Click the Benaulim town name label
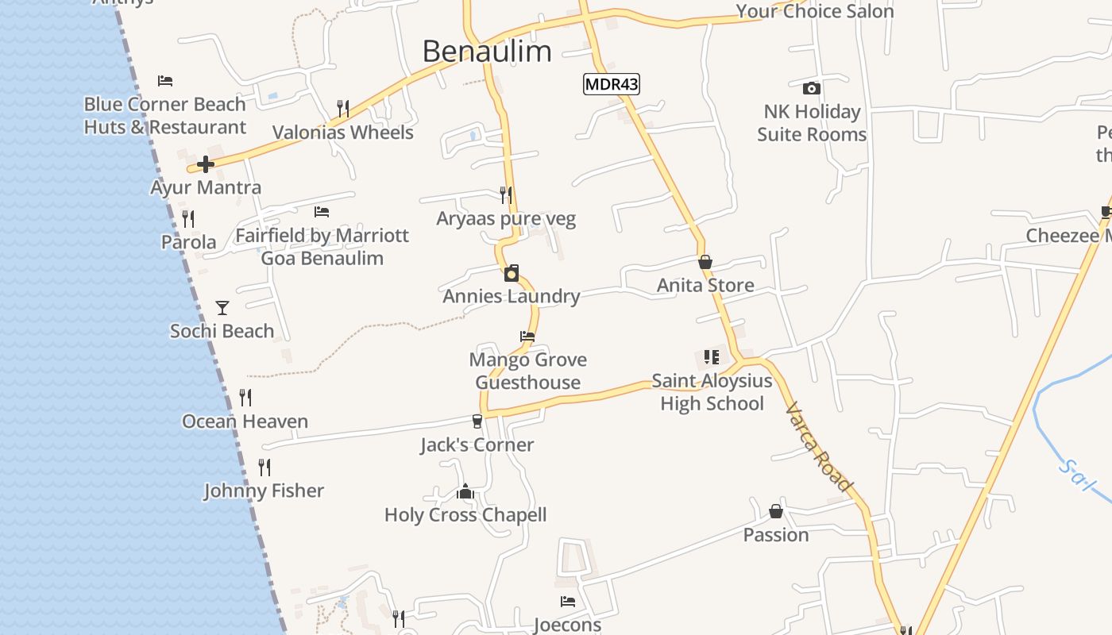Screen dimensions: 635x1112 (x=486, y=52)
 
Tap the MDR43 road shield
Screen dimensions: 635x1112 (x=611, y=84)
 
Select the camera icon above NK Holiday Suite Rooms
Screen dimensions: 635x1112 (x=811, y=88)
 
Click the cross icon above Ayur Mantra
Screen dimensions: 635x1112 (x=206, y=164)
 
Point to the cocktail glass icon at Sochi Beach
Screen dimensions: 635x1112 (x=222, y=307)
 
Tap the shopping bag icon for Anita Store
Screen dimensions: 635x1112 (x=705, y=262)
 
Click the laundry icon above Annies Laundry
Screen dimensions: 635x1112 (x=512, y=273)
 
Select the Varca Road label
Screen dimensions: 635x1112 (x=819, y=447)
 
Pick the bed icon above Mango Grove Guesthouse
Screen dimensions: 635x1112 (x=527, y=337)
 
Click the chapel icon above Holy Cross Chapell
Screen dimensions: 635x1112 (x=465, y=492)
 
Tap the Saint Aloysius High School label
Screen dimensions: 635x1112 (x=712, y=392)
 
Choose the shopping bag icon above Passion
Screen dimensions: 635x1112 (x=776, y=511)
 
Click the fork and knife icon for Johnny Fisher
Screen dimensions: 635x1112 (x=264, y=468)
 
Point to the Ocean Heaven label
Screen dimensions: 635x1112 (x=245, y=421)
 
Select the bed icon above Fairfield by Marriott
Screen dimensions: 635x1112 (x=322, y=212)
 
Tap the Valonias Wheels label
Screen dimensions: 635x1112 (x=342, y=133)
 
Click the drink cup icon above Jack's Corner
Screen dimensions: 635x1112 (x=477, y=421)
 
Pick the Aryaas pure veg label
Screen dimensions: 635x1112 (x=506, y=219)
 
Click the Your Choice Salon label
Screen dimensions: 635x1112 (x=814, y=11)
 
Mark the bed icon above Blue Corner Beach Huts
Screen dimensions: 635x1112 (x=165, y=81)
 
